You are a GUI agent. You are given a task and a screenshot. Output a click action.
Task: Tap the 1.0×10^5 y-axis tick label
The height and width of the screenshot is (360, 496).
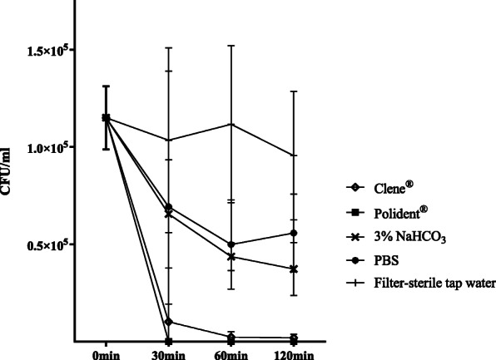tap(42, 147)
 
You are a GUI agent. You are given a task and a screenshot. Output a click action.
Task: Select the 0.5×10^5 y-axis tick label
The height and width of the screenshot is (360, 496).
tap(42, 244)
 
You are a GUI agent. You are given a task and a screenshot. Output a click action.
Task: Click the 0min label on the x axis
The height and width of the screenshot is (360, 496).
tap(106, 356)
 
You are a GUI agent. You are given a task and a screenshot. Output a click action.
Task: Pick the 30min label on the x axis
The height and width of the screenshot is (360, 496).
tap(169, 356)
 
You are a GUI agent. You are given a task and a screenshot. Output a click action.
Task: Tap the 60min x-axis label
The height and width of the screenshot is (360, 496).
tap(231, 356)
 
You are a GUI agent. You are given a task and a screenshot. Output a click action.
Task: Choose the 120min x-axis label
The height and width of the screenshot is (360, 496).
tap(294, 356)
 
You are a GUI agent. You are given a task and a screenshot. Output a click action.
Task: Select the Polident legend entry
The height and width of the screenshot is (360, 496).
tap(388, 211)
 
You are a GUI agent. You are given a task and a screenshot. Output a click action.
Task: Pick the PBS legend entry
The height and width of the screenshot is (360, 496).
tap(374, 259)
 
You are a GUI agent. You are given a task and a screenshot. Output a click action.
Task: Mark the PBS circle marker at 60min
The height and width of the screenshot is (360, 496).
tap(231, 244)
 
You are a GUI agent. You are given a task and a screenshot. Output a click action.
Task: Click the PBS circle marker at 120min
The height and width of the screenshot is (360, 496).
tap(294, 233)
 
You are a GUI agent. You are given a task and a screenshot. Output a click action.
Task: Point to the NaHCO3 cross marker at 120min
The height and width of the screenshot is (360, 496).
tap(294, 269)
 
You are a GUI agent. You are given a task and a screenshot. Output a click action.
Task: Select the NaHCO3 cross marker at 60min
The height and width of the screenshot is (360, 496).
tap(231, 256)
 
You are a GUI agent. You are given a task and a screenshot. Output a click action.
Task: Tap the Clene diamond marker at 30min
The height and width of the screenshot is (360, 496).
tap(169, 322)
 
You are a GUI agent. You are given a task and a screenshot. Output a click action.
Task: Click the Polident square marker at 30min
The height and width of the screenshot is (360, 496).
tap(169, 341)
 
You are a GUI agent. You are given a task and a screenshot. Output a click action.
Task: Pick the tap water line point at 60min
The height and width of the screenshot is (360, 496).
tap(231, 124)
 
